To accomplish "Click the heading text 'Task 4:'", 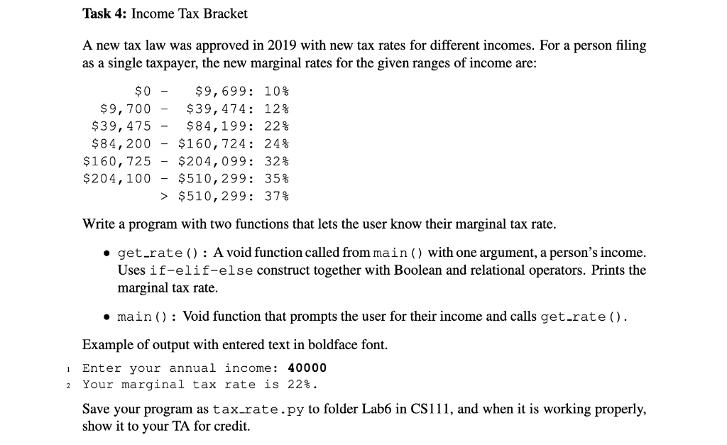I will (x=105, y=13).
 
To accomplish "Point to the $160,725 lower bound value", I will (x=118, y=160).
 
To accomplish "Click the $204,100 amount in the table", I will (x=118, y=178).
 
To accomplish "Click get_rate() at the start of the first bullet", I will (x=160, y=253).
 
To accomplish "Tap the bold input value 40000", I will (x=307, y=368).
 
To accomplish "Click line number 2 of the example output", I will (x=65, y=385).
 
